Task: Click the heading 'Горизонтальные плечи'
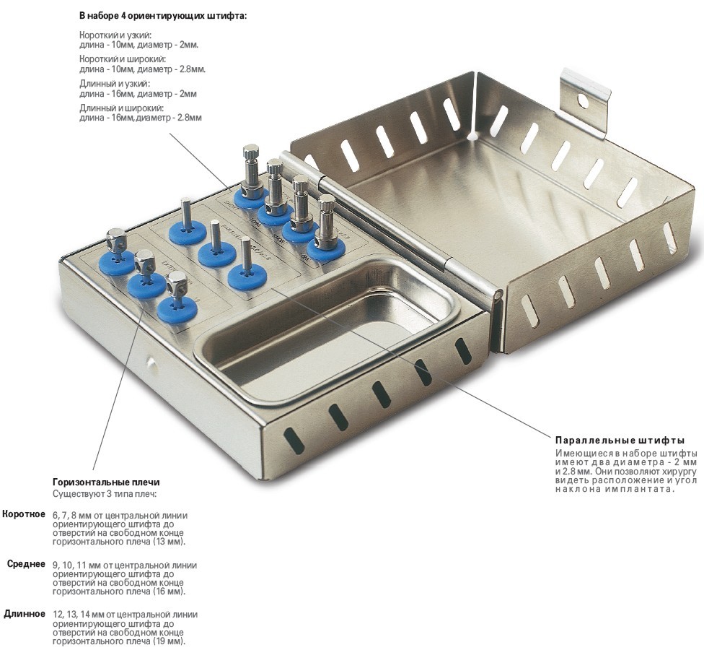pos(106,482)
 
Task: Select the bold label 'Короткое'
pos(24,514)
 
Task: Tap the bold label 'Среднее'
pos(26,564)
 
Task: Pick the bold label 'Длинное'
pos(25,614)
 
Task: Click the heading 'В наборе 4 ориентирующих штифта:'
pos(163,16)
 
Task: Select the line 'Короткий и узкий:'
pos(116,35)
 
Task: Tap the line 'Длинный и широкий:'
pos(122,108)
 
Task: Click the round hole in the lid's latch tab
pos(583,100)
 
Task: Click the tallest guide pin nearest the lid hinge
pos(250,171)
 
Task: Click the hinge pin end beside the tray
pos(497,296)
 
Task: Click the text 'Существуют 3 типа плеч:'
pos(104,494)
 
